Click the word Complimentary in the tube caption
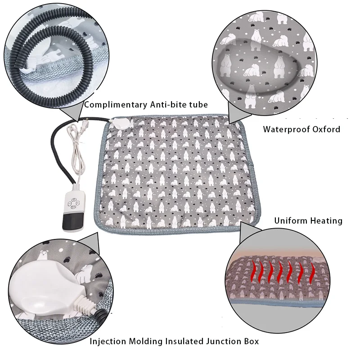tap(115, 105)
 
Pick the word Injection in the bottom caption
tap(108, 341)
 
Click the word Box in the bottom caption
tap(250, 341)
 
